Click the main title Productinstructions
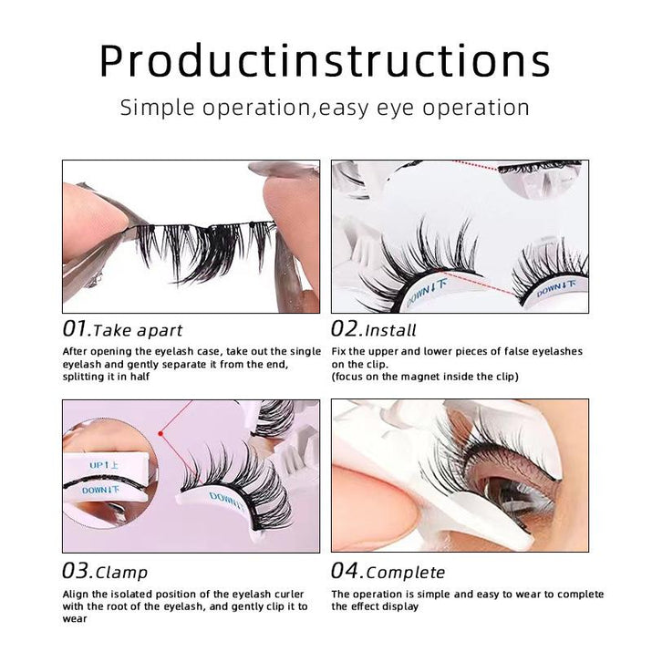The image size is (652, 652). [x=325, y=61]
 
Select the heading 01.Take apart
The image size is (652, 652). [x=122, y=329]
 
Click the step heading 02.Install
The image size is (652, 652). [x=374, y=329]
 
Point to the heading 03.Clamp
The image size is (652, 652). [x=105, y=572]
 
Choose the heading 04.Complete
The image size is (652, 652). [x=388, y=572]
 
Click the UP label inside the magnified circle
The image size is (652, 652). [x=99, y=465]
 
